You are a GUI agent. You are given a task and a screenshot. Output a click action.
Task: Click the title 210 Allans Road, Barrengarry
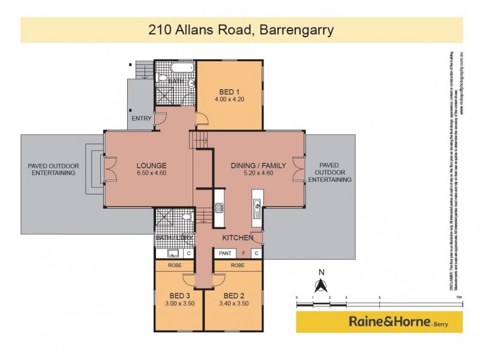coord(241,29)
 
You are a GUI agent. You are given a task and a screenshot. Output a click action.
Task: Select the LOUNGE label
coord(151,166)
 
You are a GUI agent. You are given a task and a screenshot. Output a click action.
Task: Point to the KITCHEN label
coord(237,239)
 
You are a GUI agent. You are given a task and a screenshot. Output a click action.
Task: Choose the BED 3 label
coord(179,295)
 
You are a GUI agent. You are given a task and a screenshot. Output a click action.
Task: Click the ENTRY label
coord(142,118)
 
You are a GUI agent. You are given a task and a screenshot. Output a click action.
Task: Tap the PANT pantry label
coord(225,254)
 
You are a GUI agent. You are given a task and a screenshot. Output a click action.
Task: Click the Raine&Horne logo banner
coord(379,322)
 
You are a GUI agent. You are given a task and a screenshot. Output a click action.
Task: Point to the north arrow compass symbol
coord(321,284)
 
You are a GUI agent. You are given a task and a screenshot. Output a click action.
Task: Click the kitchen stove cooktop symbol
coord(220,208)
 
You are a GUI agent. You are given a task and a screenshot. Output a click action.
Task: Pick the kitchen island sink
coord(256,208)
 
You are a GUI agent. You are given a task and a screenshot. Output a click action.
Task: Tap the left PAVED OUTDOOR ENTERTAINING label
coord(53,169)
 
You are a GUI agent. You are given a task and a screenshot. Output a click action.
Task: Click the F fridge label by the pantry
coord(244,254)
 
